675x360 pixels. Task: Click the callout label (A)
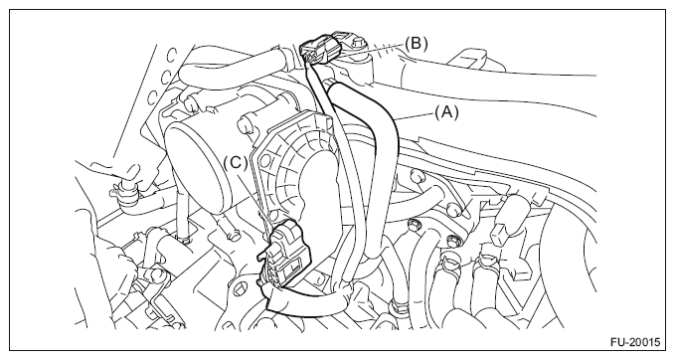click(446, 112)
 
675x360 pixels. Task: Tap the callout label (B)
click(416, 43)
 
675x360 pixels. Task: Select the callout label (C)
click(236, 163)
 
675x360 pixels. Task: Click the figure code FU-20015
click(635, 342)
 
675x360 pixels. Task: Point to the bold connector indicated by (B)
click(322, 48)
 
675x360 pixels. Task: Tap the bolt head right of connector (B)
click(358, 44)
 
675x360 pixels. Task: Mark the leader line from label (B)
click(373, 48)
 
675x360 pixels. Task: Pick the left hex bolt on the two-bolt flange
click(413, 224)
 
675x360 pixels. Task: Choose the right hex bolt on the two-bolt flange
click(452, 242)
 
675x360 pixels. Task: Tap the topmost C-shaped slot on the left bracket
click(171, 55)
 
